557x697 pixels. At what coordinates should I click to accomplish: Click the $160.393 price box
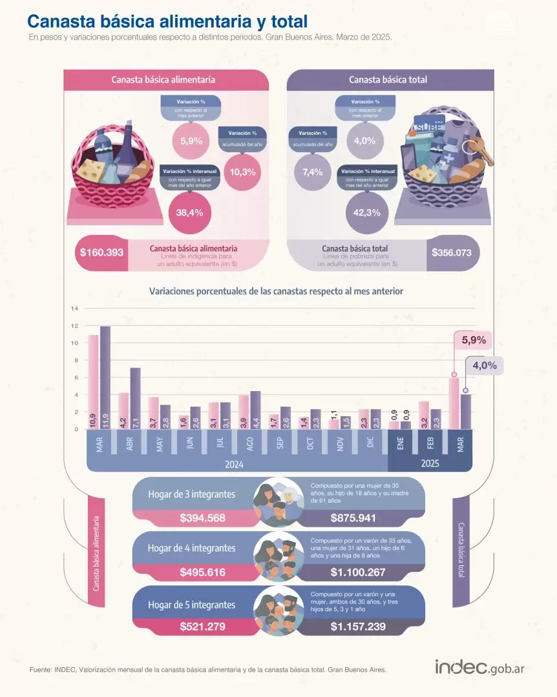[101, 253]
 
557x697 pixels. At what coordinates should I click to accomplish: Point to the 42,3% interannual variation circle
[367, 212]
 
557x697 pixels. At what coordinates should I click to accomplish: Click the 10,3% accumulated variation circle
[243, 172]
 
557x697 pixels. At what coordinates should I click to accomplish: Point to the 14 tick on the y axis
[74, 308]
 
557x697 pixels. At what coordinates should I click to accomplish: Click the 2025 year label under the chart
[430, 464]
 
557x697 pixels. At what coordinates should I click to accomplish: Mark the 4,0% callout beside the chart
[484, 365]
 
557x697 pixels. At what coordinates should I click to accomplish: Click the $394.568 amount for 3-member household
[202, 518]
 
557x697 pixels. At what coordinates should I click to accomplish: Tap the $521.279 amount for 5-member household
[202, 626]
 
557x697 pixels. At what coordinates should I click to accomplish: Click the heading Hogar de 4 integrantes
[191, 548]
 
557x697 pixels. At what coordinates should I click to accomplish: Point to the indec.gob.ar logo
[479, 667]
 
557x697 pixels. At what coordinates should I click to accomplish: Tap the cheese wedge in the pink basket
[94, 169]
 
